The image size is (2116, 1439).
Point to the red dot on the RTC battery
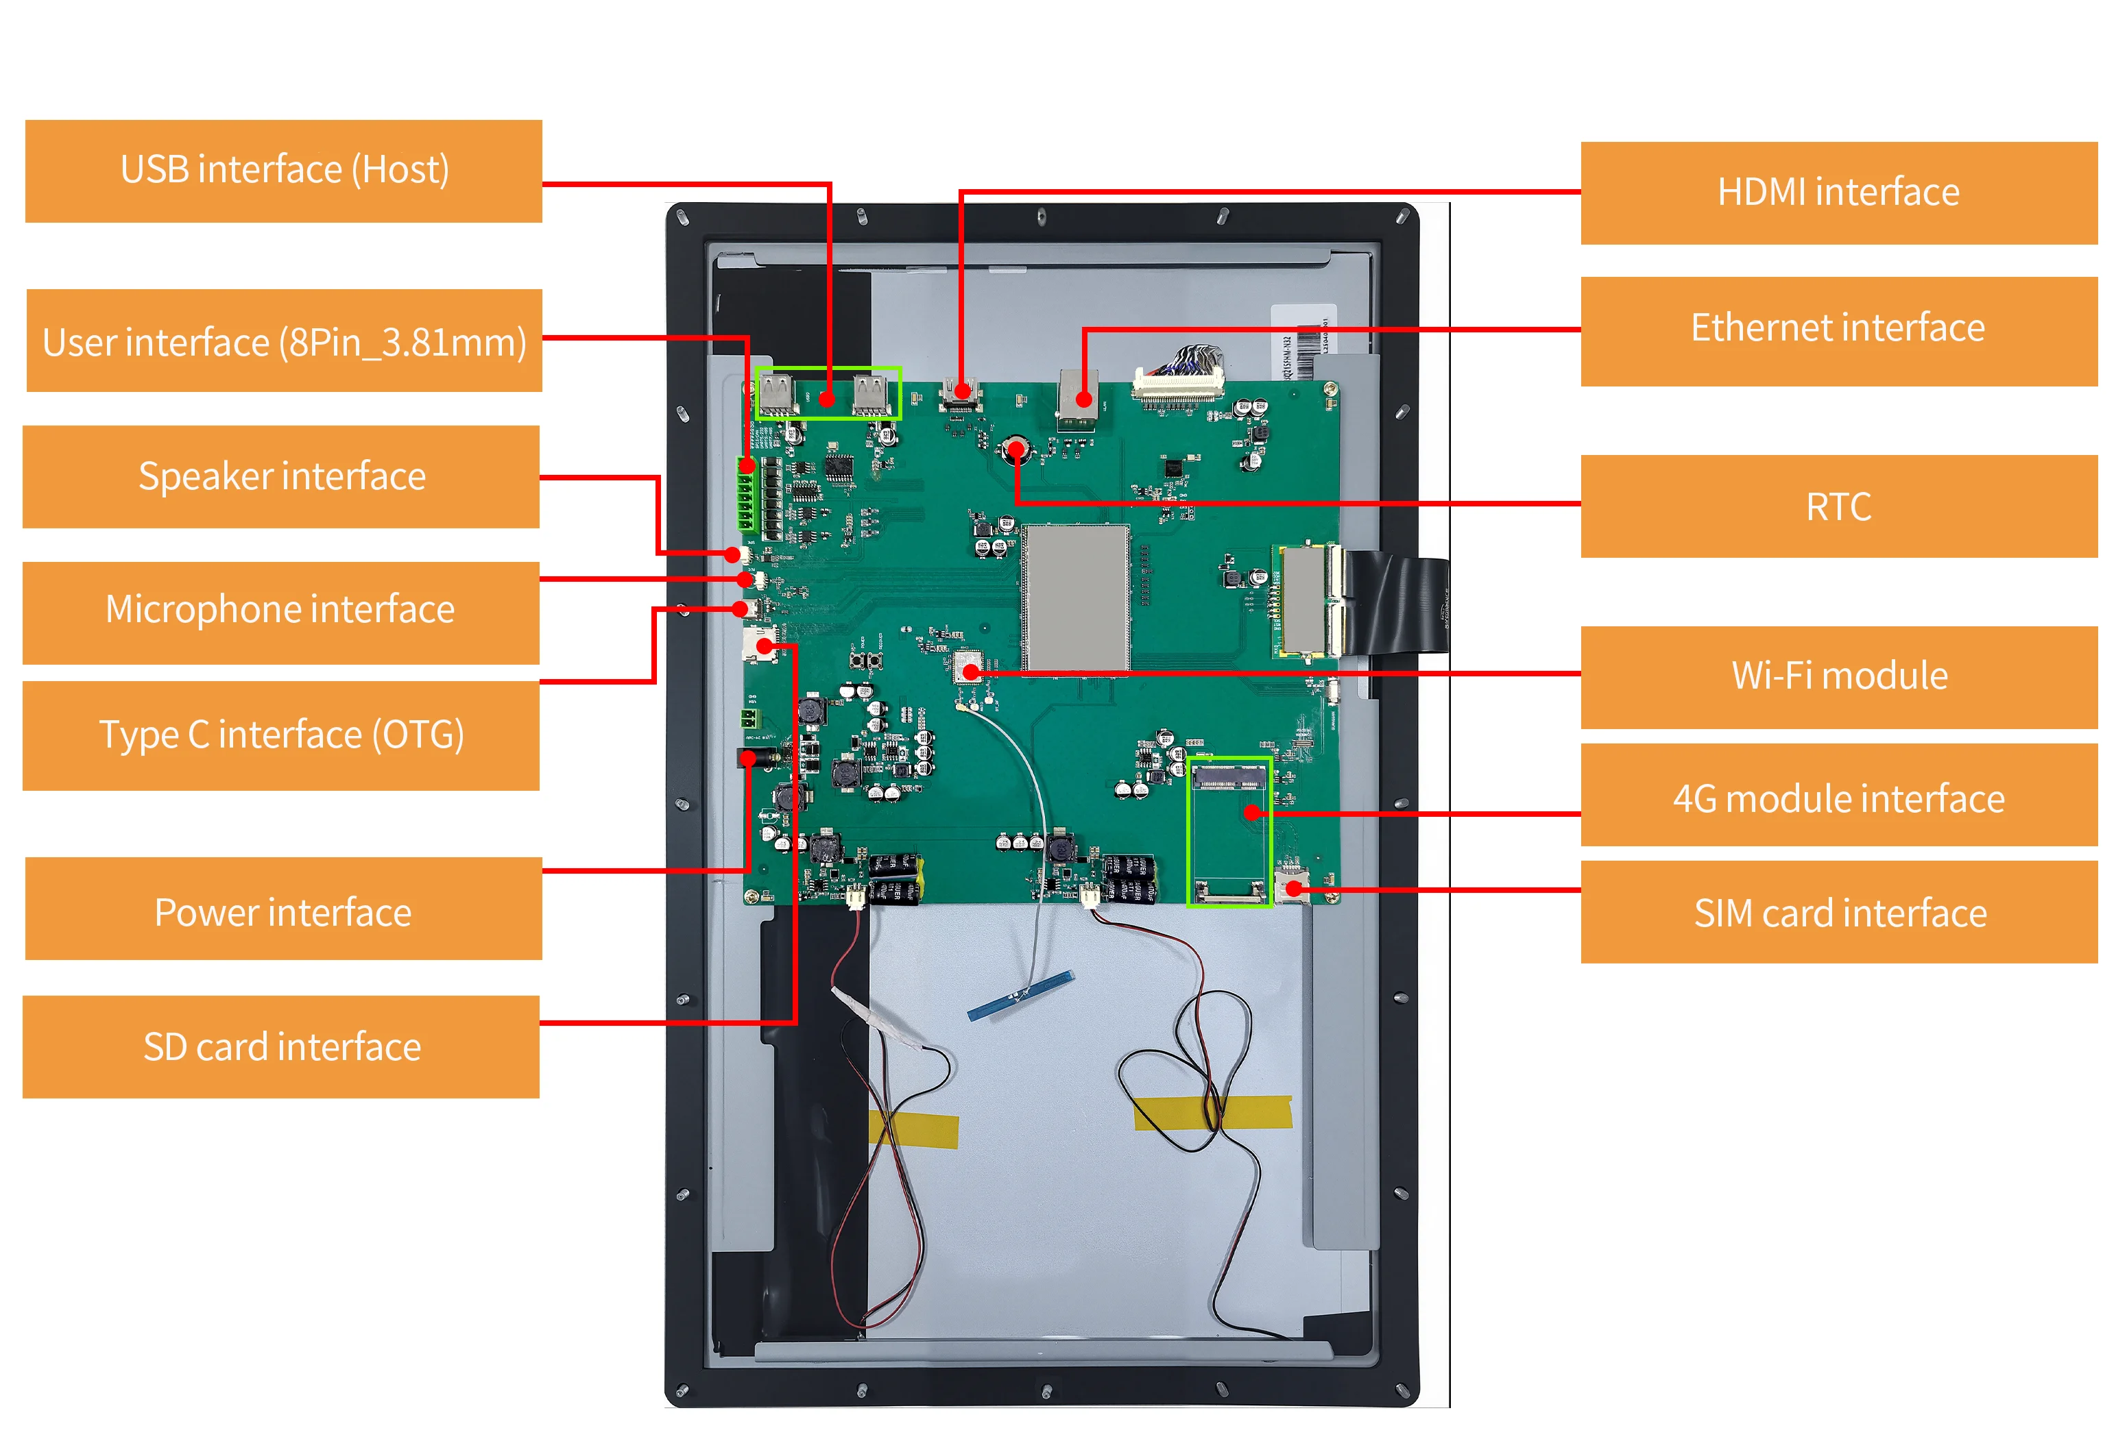[x=1015, y=448]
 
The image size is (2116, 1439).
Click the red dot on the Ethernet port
[x=1083, y=399]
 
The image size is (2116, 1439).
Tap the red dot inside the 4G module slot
[x=1253, y=812]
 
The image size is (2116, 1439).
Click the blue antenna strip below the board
[x=1020, y=995]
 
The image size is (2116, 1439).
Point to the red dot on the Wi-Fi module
[x=971, y=672]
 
